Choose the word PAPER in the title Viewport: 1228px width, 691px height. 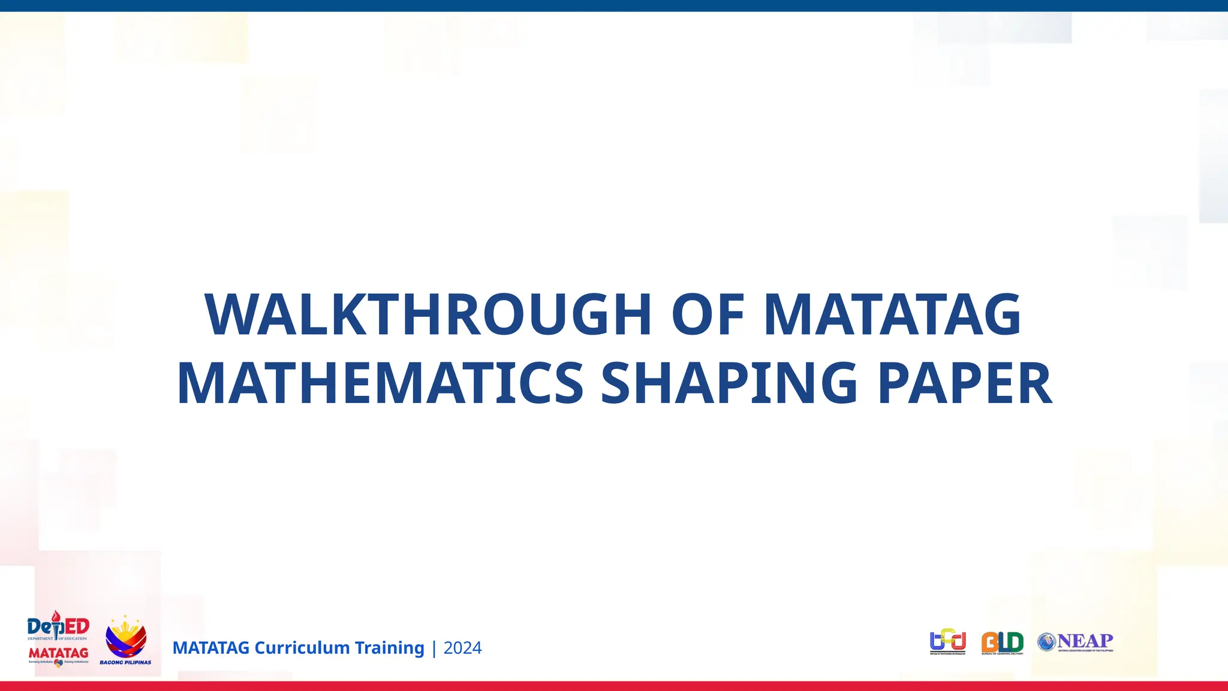coord(964,384)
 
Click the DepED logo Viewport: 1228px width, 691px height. coord(58,626)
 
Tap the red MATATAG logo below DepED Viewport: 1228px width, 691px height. coord(58,653)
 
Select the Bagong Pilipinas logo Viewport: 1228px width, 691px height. coord(125,641)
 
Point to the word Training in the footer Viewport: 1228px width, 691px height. coord(389,648)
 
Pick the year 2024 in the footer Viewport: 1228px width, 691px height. coord(462,648)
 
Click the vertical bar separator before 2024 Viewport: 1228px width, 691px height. coord(434,648)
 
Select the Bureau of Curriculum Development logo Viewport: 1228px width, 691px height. coord(947,642)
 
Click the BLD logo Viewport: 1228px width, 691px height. coord(1002,642)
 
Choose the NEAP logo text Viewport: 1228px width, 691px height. coord(1085,641)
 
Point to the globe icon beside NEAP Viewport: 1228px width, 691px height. coord(1046,642)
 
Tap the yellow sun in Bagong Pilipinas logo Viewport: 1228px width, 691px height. coord(125,630)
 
